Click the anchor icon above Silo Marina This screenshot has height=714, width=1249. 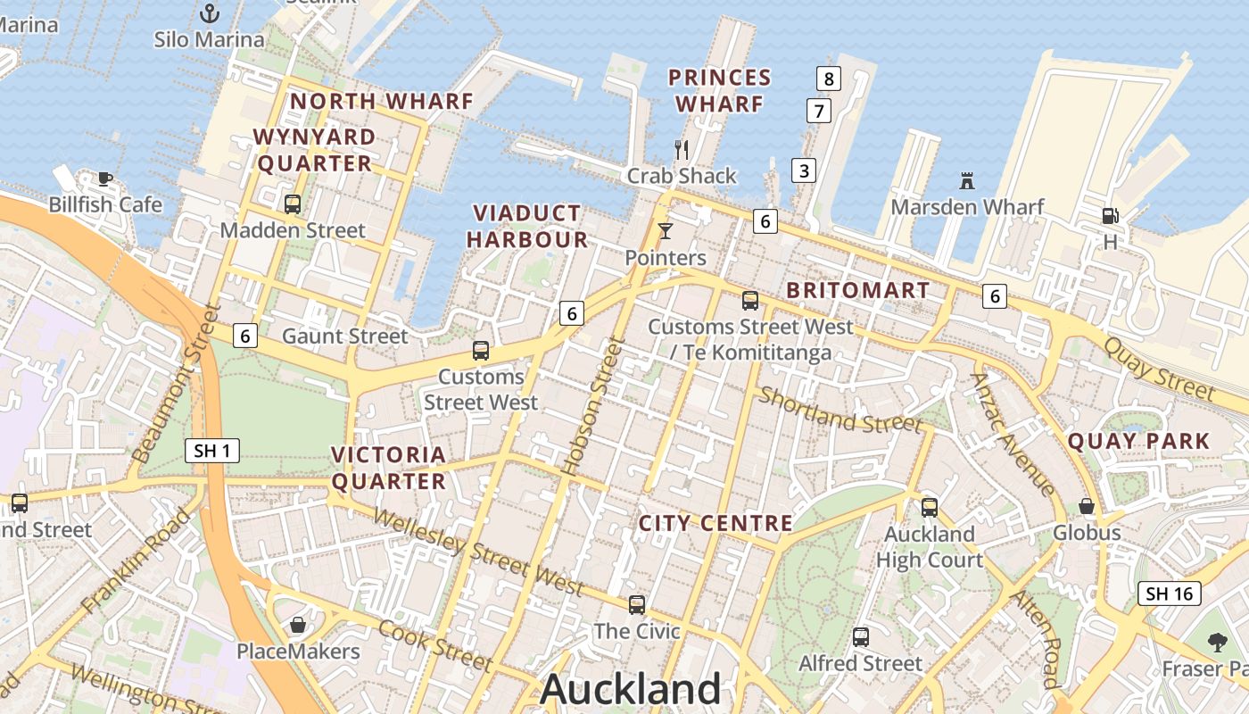coord(210,12)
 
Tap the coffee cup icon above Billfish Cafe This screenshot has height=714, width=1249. coord(105,178)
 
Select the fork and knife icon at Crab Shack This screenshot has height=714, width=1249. coord(682,149)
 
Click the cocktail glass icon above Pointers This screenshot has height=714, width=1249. coord(666,231)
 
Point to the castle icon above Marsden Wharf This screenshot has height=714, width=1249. coord(967,180)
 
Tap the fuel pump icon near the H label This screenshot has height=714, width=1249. coord(1110,215)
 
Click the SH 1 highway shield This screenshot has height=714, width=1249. coord(212,451)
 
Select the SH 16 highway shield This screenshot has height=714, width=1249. coord(1169,594)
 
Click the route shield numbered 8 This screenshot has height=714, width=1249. coord(829,79)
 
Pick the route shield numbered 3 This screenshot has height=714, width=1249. coord(804,170)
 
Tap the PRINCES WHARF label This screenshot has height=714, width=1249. coord(719,91)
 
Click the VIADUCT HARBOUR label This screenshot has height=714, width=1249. coord(527,226)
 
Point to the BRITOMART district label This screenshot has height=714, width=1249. coord(858,290)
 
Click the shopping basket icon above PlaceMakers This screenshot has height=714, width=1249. coord(298,625)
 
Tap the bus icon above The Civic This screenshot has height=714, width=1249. coord(637,604)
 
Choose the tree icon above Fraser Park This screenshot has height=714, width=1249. coord(1216,642)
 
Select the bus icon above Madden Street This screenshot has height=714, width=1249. coord(293,203)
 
